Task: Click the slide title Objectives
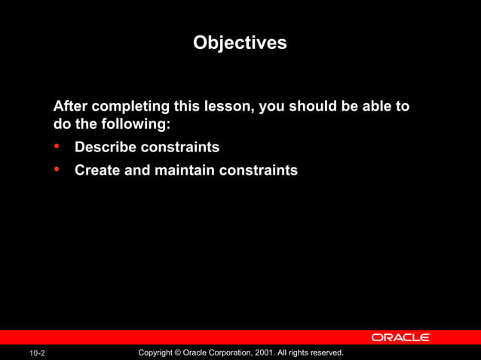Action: point(240,43)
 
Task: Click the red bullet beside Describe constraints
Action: point(57,146)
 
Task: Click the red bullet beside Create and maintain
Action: point(57,169)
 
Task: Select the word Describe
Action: point(106,147)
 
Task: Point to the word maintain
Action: point(185,170)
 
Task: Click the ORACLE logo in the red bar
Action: point(400,337)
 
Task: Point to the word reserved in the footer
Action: point(326,352)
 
